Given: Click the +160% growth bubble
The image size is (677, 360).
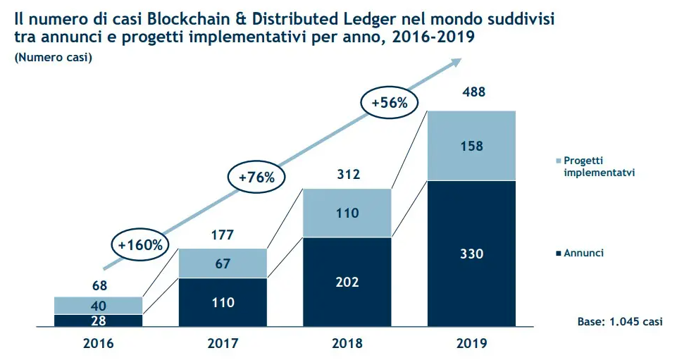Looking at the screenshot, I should point(140,245).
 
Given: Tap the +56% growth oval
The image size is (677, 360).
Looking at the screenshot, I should point(390,102).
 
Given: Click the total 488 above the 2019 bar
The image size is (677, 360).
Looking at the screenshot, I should point(472,92).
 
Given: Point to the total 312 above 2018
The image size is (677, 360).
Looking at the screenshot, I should point(347,173).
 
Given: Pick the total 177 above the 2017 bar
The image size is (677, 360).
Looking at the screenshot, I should point(223,235).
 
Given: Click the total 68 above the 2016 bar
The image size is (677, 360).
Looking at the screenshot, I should point(99,286).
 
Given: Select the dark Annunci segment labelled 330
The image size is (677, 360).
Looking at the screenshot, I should point(471,254).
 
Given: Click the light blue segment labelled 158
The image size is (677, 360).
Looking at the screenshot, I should point(471,146).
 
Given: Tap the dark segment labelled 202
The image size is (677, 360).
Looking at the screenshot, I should point(347,282).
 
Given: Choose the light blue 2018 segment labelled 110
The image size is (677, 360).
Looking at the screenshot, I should point(347,213).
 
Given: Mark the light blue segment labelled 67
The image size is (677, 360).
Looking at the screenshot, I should point(223,263).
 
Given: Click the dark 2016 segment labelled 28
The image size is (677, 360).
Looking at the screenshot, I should point(99,320).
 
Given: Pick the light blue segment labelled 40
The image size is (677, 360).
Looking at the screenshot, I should point(99,305).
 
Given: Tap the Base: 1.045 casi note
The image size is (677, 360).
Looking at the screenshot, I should point(619,321).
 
